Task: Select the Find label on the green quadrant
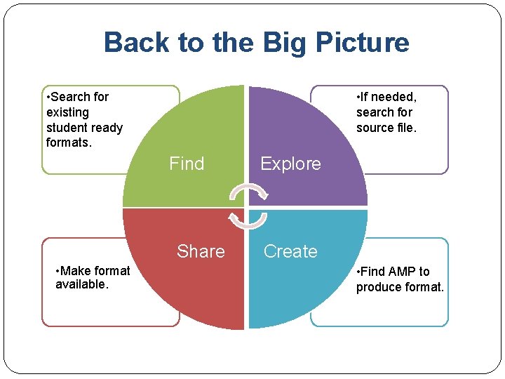click(x=187, y=164)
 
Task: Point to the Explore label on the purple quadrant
click(x=290, y=164)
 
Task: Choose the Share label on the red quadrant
click(x=201, y=251)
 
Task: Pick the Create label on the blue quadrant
click(x=290, y=251)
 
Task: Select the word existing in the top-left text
click(x=67, y=112)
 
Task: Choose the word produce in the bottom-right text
click(x=378, y=287)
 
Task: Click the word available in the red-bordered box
click(x=81, y=284)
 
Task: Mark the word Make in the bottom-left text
click(x=75, y=271)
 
